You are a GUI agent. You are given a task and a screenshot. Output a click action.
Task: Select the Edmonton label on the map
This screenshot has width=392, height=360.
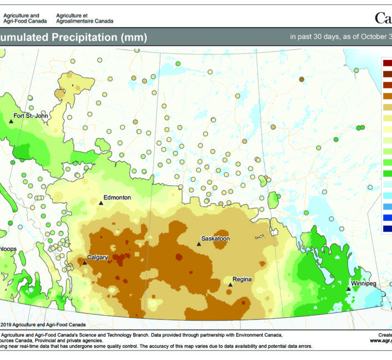point(118,197)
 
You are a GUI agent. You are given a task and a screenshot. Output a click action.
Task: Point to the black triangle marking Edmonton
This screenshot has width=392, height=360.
point(101,203)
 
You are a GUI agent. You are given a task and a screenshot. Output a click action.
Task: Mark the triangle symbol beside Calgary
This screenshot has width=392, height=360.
point(84,263)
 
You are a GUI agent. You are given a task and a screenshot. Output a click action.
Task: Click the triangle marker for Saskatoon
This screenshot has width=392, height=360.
point(198,244)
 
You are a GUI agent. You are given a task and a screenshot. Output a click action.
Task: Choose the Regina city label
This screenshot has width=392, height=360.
point(242,279)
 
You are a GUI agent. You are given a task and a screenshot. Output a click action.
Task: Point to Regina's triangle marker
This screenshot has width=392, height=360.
point(230,285)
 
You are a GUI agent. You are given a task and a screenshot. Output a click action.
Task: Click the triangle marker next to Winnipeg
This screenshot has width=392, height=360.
point(348,289)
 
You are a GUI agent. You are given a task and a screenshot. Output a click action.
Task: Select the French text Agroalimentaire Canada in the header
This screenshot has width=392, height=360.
point(85,21)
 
